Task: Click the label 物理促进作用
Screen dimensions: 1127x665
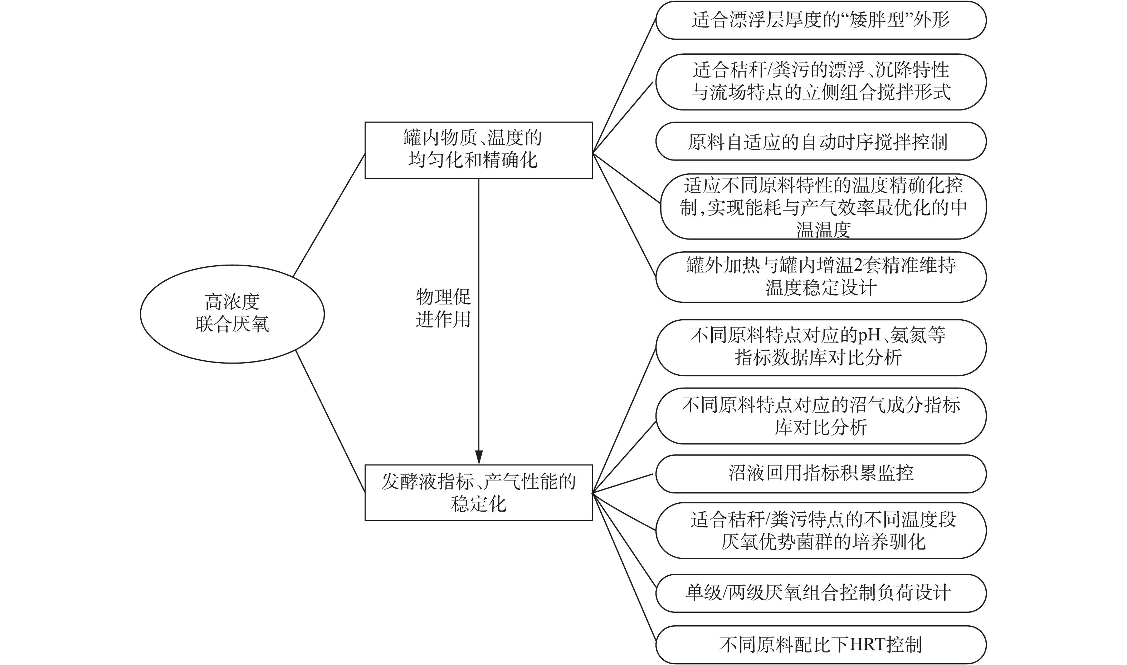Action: [x=443, y=308]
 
